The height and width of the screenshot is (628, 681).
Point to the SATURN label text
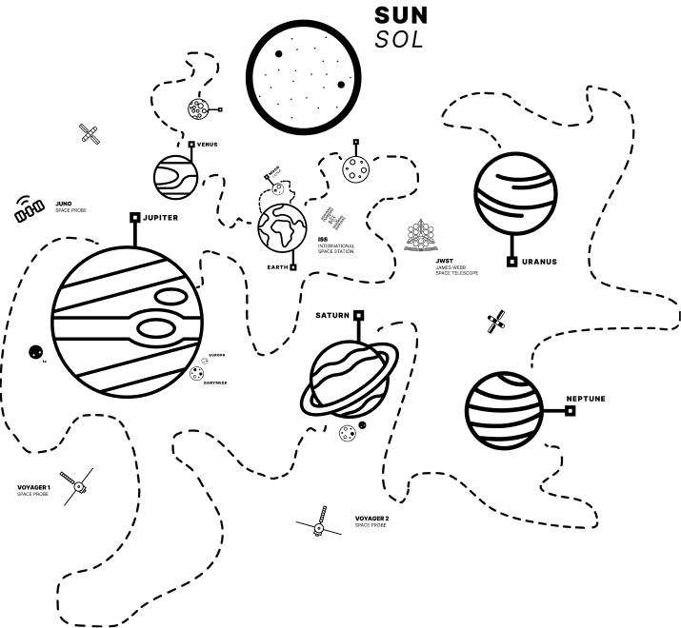tap(333, 314)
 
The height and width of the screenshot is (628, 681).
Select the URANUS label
tap(539, 261)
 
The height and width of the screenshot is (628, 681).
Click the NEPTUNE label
tap(586, 399)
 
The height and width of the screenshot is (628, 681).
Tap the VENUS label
tap(208, 145)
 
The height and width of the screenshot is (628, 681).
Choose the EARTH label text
tap(278, 267)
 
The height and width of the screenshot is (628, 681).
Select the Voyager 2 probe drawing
tap(316, 525)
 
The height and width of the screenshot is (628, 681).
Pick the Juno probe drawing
tap(30, 210)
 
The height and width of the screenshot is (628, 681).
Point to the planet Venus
tap(175, 176)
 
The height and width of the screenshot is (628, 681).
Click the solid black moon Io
tap(34, 352)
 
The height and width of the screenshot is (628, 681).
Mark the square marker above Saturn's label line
tap(359, 315)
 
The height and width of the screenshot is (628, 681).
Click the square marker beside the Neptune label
tap(570, 410)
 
